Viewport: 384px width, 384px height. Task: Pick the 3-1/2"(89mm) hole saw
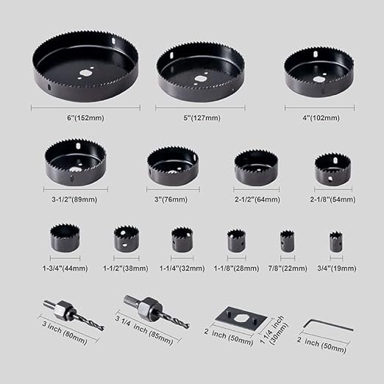click(75, 162)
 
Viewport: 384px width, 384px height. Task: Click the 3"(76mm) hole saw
click(173, 165)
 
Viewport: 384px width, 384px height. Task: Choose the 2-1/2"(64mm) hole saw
click(256, 167)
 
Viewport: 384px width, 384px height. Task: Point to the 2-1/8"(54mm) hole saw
click(333, 169)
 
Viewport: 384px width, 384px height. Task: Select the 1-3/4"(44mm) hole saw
click(64, 238)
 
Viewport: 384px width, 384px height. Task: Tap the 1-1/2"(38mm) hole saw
click(127, 239)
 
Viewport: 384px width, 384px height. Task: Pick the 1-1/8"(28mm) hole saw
click(236, 241)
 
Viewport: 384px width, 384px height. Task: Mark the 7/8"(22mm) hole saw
click(287, 241)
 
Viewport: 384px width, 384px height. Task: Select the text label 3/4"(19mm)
click(335, 268)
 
